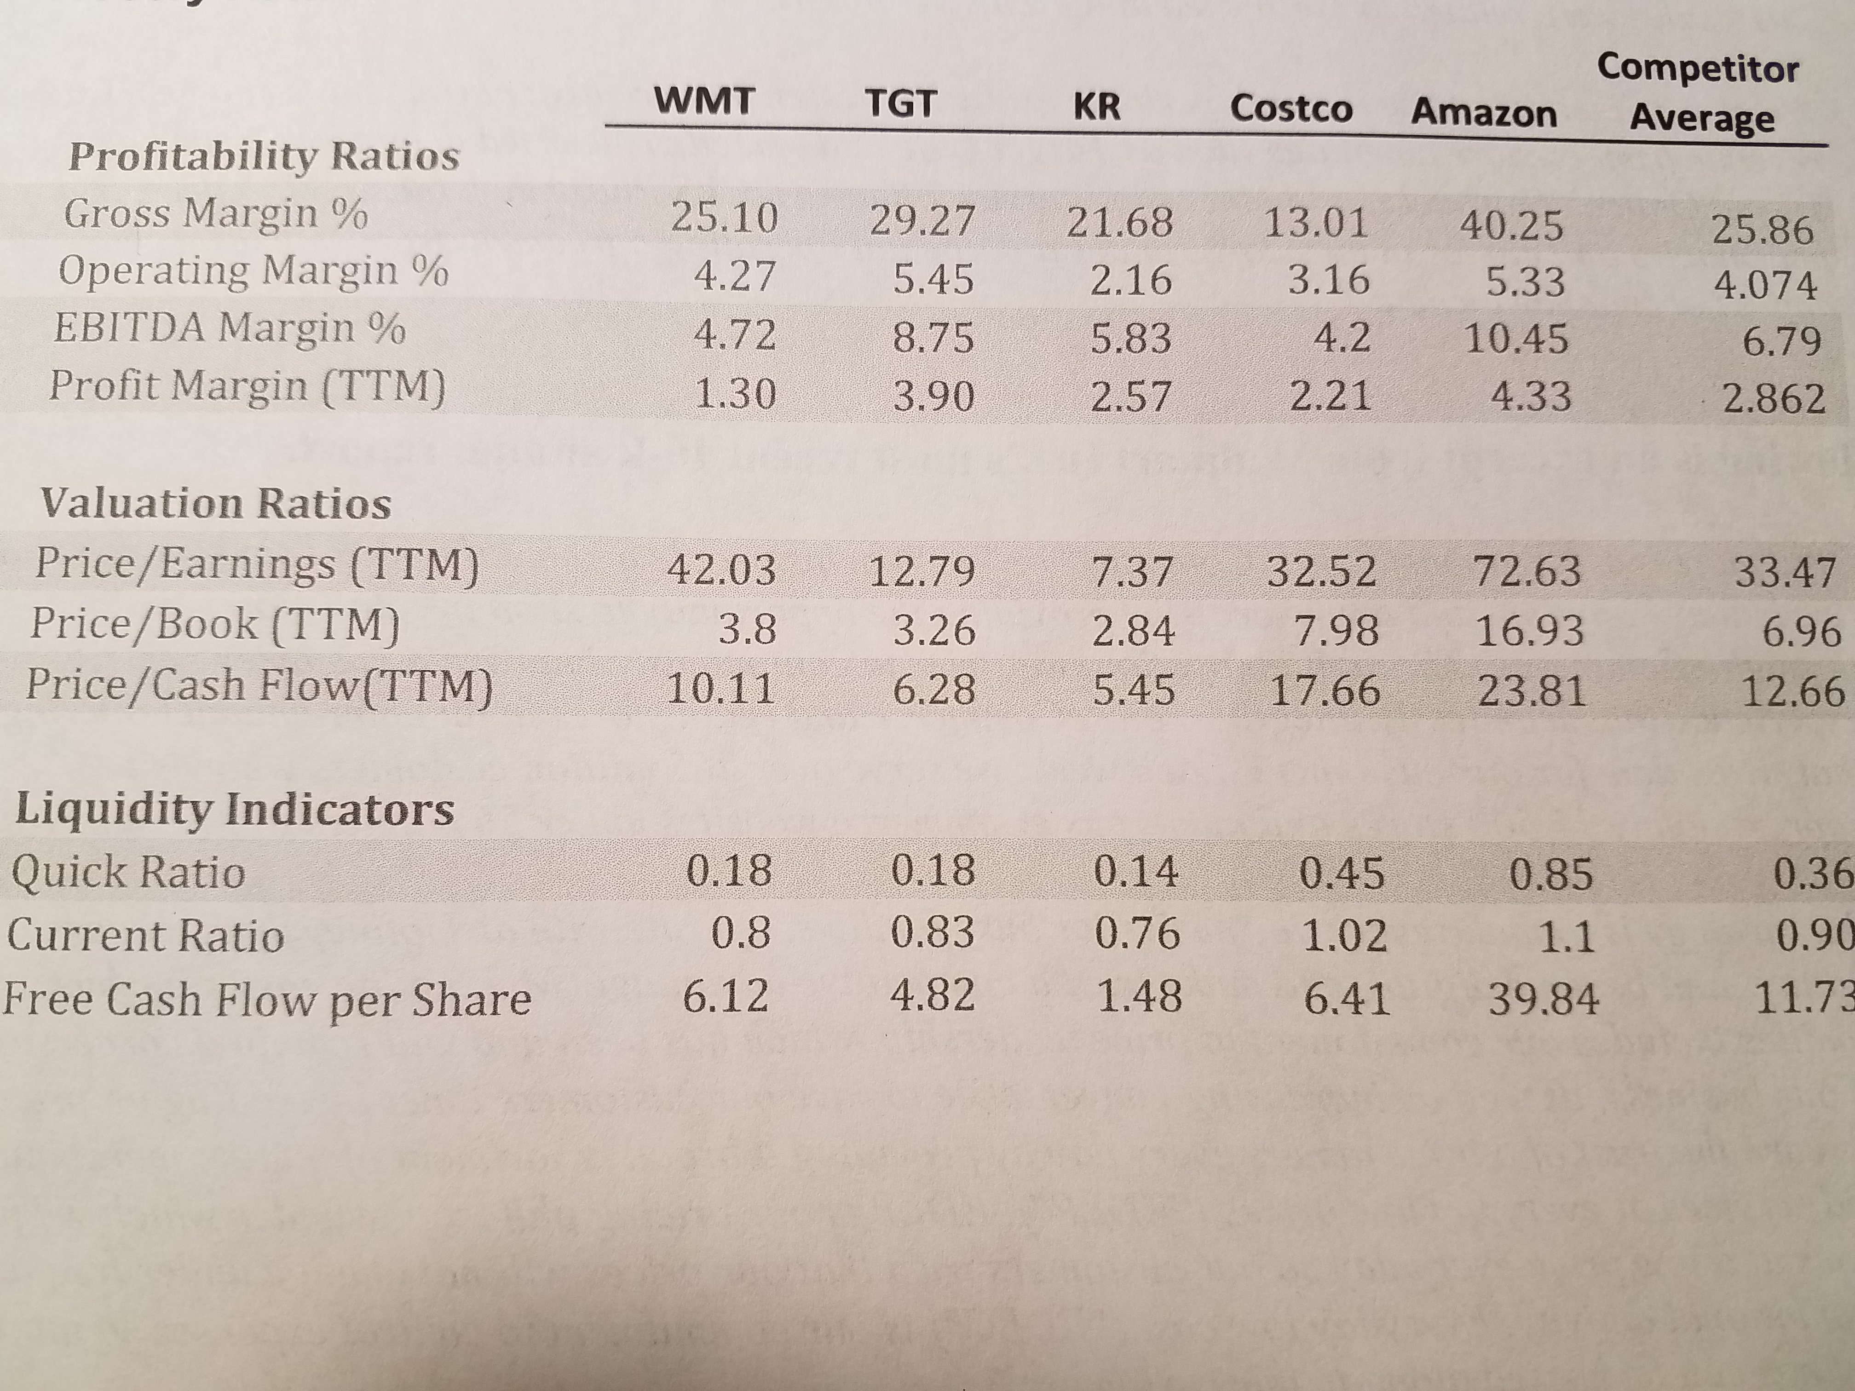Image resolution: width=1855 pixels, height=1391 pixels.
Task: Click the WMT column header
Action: pyautogui.click(x=704, y=102)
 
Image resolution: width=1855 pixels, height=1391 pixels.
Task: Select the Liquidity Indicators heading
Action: pyautogui.click(x=235, y=809)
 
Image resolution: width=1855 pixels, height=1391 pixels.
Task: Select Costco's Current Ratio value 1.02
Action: pyautogui.click(x=1344, y=935)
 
